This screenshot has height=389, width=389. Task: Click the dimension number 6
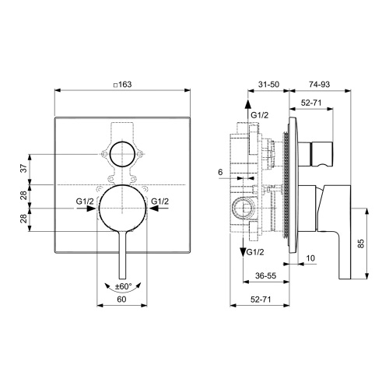(221, 173)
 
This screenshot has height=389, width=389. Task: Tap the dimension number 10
(310, 258)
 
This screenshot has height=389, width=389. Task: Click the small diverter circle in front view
(121, 156)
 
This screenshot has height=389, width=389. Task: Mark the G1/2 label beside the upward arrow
(261, 115)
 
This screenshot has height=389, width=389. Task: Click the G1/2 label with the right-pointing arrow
(85, 202)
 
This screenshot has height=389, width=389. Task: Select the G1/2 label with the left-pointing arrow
(159, 202)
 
